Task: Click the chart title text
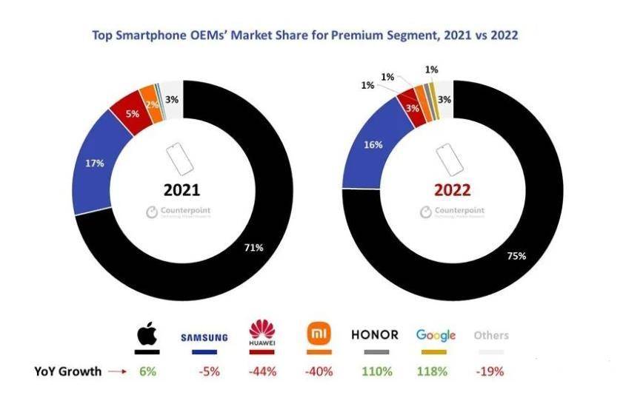pyautogui.click(x=313, y=35)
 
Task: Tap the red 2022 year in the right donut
pyautogui.click(x=451, y=190)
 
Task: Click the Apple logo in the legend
pyautogui.click(x=147, y=335)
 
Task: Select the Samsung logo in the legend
pyautogui.click(x=204, y=337)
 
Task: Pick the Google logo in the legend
pyautogui.click(x=436, y=336)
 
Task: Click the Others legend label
pyautogui.click(x=491, y=335)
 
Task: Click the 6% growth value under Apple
pyautogui.click(x=147, y=371)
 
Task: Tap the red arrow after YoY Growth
pyautogui.click(x=119, y=371)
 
